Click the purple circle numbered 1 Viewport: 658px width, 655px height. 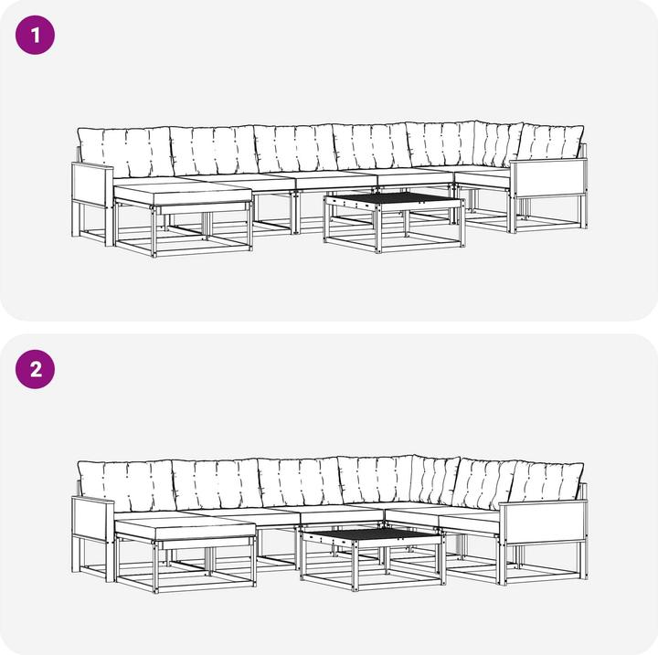[36, 35]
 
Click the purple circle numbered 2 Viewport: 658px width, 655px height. [36, 369]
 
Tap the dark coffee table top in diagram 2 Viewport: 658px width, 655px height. [371, 533]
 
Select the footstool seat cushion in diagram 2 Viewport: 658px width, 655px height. [185, 528]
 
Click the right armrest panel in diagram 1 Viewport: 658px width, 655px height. [548, 177]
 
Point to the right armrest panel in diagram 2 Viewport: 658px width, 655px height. [545, 521]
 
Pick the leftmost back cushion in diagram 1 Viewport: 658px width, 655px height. [125, 153]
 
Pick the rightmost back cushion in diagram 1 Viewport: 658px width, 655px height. [550, 142]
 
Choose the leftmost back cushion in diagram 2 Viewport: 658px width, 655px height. [127, 486]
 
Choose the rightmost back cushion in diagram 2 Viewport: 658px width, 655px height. [547, 481]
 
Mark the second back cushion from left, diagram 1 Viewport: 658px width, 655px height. [214, 150]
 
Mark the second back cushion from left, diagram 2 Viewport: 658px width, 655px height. [218, 484]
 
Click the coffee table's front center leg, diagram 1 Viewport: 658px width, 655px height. [378, 228]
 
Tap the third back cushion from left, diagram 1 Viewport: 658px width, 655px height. [296, 148]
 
